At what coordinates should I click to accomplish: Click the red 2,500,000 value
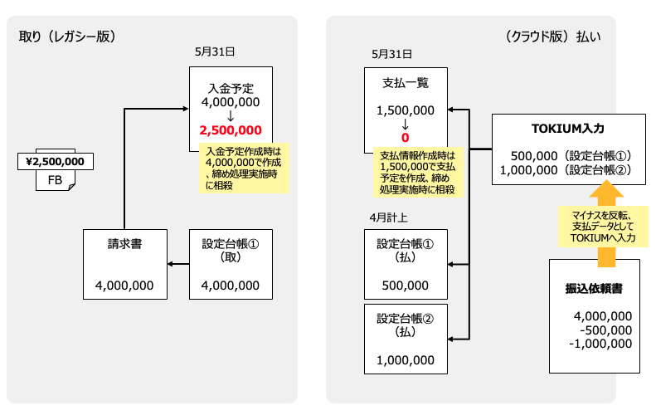[x=231, y=130]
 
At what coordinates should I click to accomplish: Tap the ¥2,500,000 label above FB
[x=56, y=161]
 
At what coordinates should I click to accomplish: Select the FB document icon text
[x=55, y=180]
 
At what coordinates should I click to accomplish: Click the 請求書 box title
[x=124, y=244]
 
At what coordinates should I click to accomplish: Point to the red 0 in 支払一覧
[x=405, y=137]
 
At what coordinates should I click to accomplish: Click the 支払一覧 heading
[x=406, y=83]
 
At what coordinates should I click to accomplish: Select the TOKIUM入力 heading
[x=568, y=128]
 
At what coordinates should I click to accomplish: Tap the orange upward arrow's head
[x=606, y=189]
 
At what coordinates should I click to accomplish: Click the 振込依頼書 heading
[x=594, y=288]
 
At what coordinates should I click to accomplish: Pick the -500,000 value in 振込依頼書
[x=605, y=330]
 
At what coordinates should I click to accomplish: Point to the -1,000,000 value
[x=600, y=344]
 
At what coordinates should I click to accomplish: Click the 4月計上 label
[x=389, y=217]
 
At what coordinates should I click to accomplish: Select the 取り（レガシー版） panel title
[x=67, y=37]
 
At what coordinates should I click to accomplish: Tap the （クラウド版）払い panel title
[x=553, y=37]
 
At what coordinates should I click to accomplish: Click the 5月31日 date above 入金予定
[x=215, y=51]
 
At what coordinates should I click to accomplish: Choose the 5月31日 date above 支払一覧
[x=392, y=54]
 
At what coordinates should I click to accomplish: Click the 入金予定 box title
[x=231, y=88]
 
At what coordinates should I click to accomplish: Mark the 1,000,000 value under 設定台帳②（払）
[x=406, y=360]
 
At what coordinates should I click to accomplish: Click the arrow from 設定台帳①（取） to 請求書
[x=178, y=264]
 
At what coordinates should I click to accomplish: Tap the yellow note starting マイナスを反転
[x=603, y=227]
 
